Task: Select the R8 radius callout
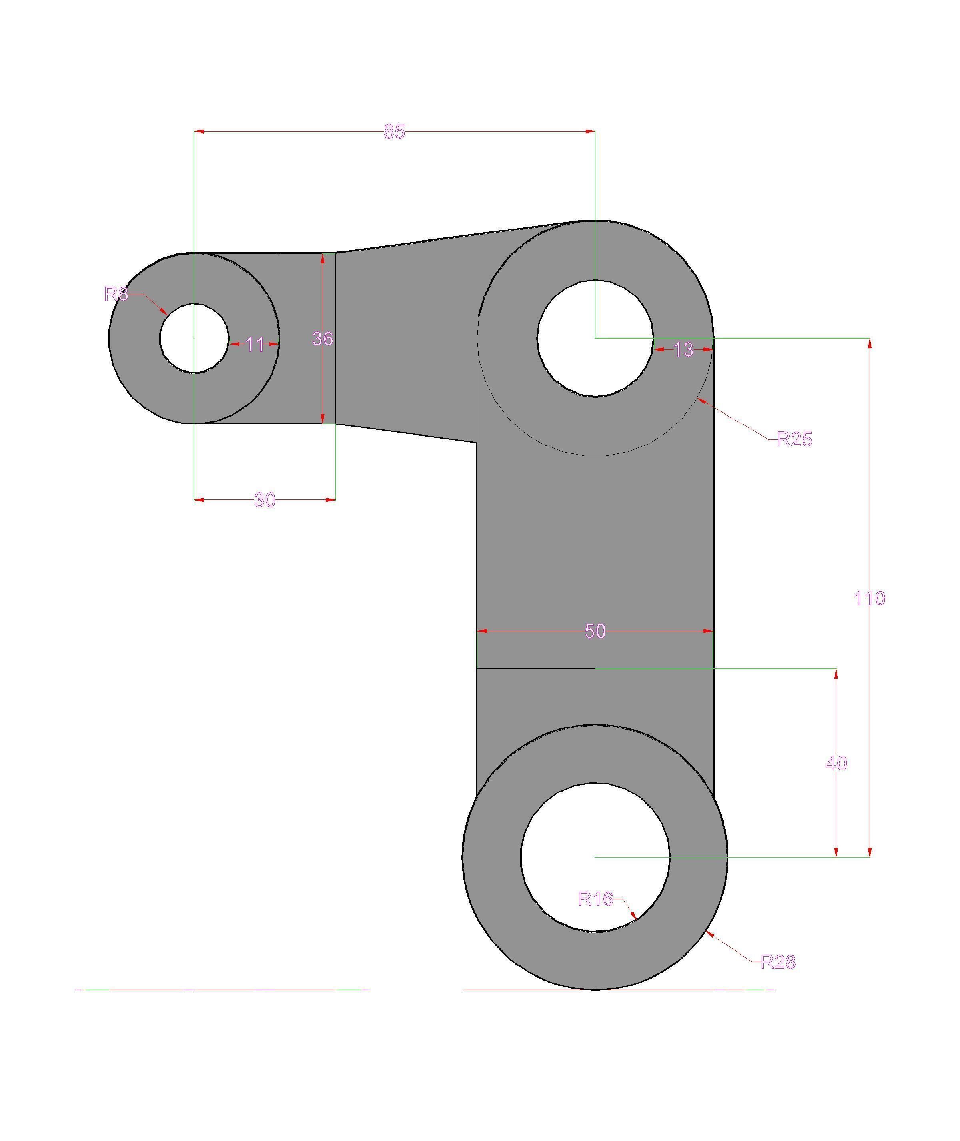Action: pos(116,295)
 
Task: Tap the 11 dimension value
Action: pos(255,345)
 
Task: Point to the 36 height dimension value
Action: pos(322,339)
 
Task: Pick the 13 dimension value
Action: pos(684,350)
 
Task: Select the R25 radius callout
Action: pos(794,439)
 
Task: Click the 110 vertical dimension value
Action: pos(869,599)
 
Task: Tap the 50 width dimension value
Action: pos(595,631)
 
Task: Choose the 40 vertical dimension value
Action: pos(836,764)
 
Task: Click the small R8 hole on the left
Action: pos(194,338)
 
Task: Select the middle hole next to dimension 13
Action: pos(595,338)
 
